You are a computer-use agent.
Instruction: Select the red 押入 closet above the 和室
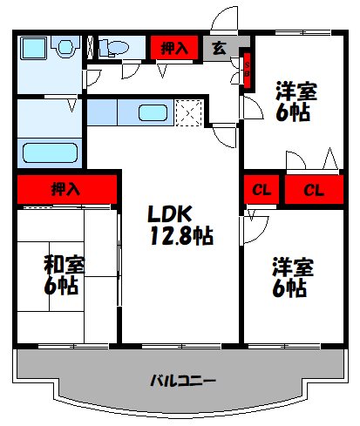[66, 188]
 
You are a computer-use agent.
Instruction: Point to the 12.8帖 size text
[180, 234]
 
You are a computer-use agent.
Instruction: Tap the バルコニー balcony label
[182, 381]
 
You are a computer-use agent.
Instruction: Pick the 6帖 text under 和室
[62, 286]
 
